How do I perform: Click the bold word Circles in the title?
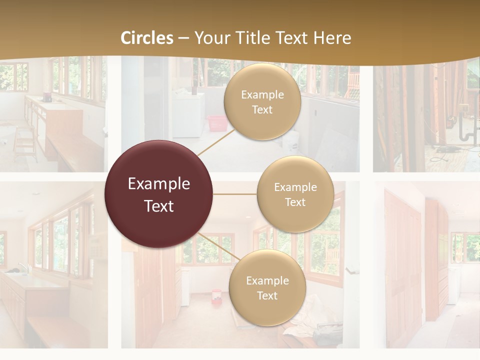coord(147,38)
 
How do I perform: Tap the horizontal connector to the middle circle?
coord(235,194)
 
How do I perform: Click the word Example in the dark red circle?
coord(159,184)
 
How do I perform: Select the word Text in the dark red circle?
coord(159,206)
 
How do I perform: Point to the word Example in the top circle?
coord(262,95)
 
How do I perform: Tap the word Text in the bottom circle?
coord(267,295)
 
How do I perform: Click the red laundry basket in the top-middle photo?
coord(216,122)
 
